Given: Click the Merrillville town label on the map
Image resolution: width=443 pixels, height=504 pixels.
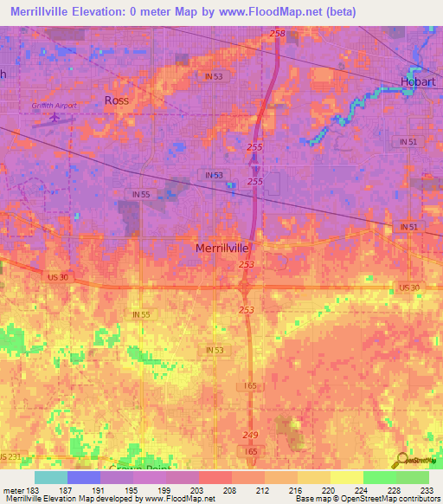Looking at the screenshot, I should tap(221, 249).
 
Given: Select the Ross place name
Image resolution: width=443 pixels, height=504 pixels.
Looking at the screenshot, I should tap(116, 100).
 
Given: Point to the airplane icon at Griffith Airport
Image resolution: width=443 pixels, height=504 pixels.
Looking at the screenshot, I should tap(56, 113).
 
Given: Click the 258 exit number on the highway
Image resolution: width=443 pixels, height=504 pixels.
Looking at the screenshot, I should tap(276, 34).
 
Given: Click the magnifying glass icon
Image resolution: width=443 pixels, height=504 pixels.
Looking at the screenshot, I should tap(403, 462).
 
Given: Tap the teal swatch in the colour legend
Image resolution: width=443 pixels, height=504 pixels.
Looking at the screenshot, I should tap(50, 477).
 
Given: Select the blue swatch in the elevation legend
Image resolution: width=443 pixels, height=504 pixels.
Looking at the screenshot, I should tap(83, 477).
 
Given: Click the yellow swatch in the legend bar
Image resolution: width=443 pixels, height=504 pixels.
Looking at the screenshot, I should tap(345, 477).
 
